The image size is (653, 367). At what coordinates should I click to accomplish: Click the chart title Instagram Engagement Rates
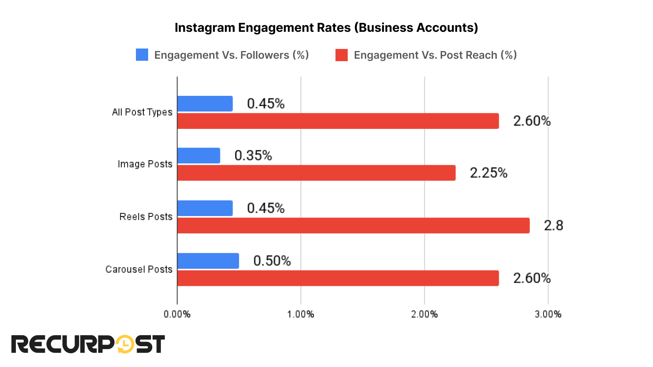pyautogui.click(x=326, y=28)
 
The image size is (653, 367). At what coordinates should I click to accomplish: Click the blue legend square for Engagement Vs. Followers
pyautogui.click(x=142, y=55)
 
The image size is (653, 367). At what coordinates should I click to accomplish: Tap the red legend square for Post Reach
pyautogui.click(x=342, y=55)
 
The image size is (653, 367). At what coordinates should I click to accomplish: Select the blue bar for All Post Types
pyautogui.click(x=205, y=104)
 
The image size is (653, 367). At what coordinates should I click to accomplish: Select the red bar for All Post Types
pyautogui.click(x=338, y=121)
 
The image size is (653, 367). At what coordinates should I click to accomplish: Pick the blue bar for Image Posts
pyautogui.click(x=199, y=156)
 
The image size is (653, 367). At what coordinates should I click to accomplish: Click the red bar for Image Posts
pyautogui.click(x=316, y=173)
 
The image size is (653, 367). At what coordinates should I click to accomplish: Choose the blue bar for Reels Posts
pyautogui.click(x=205, y=208)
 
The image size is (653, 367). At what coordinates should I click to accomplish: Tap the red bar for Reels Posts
pyautogui.click(x=353, y=226)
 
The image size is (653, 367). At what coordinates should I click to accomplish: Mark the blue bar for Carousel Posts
pyautogui.click(x=208, y=261)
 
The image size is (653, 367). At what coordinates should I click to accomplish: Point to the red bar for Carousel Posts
pyautogui.click(x=338, y=278)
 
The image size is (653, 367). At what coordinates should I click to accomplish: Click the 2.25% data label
pyautogui.click(x=489, y=173)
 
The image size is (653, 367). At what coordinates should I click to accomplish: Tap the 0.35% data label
pyautogui.click(x=253, y=156)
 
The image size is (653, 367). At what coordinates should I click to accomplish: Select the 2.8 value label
pyautogui.click(x=553, y=226)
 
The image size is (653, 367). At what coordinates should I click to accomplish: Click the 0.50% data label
pyautogui.click(x=272, y=261)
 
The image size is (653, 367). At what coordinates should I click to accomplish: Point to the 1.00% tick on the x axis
pyautogui.click(x=301, y=314)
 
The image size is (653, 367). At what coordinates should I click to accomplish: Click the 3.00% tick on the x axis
pyautogui.click(x=548, y=314)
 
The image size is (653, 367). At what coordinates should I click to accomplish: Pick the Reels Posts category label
pyautogui.click(x=146, y=217)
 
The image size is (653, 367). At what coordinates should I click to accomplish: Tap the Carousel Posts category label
pyautogui.click(x=139, y=270)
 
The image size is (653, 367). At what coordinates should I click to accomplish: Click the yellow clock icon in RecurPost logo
pyautogui.click(x=125, y=345)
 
